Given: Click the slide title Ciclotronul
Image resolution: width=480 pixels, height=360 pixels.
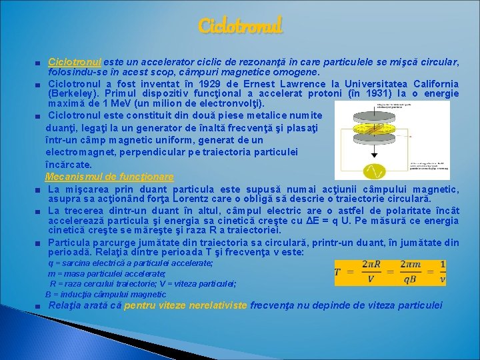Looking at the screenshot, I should tap(240, 26).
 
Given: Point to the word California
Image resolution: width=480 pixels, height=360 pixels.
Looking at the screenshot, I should tap(435, 84).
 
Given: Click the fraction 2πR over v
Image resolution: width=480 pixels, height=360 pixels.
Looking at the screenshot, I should tap(371, 272).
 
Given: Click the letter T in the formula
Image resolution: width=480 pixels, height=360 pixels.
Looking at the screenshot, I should tap(339, 272).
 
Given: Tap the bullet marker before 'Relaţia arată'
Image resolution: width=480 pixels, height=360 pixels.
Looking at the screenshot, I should tap(40, 306).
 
